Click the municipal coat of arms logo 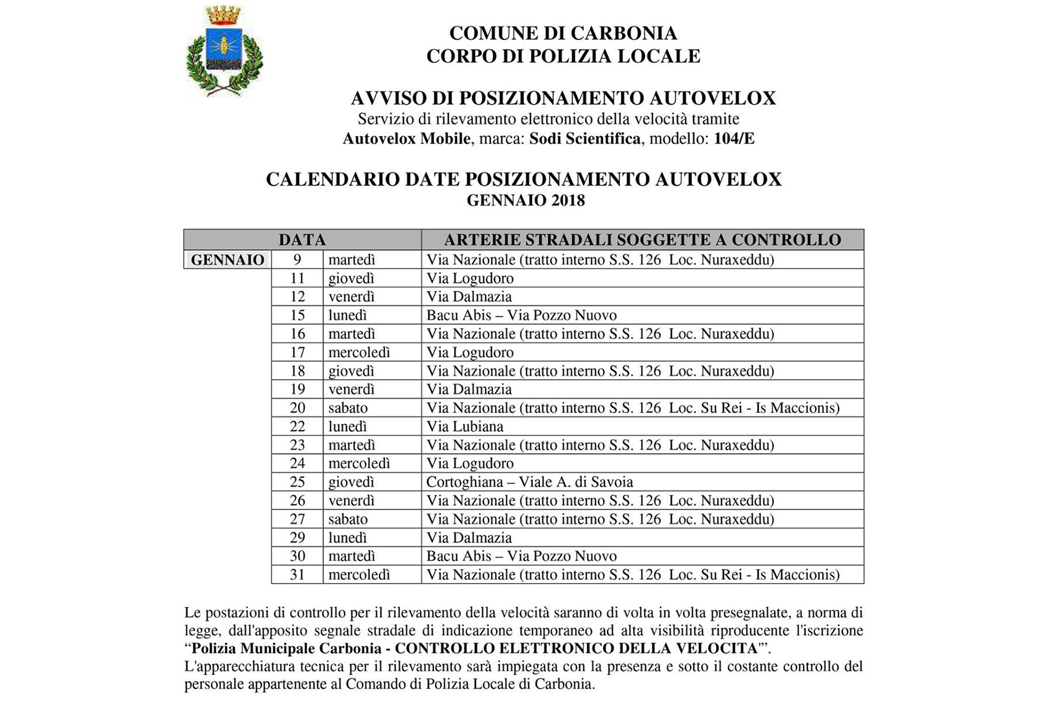(224, 51)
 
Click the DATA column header (302, 240)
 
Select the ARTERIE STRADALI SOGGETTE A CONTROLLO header (642, 240)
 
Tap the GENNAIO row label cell (228, 260)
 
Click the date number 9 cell (297, 260)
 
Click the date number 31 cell (297, 574)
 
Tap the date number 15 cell (297, 315)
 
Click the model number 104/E (734, 139)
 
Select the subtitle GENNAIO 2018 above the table (525, 201)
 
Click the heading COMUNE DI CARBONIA (563, 33)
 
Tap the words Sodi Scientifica (584, 139)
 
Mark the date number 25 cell (297, 482)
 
